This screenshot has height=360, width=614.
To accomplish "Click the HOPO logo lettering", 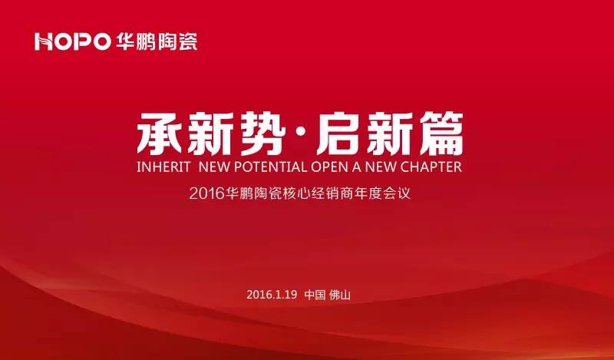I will tap(72, 41).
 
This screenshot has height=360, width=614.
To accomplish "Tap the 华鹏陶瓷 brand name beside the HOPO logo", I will tap(157, 41).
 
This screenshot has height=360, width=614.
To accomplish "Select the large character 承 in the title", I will tap(162, 135).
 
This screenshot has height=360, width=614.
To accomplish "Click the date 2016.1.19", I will tap(272, 295).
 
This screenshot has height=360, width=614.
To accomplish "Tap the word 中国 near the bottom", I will tap(315, 295).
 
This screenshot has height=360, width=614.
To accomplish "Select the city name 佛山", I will tap(341, 295).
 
